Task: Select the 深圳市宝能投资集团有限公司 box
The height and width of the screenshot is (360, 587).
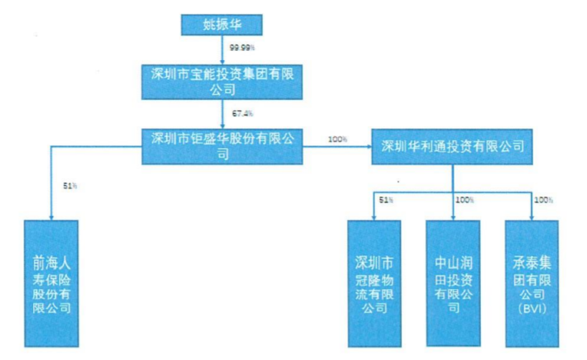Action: click(x=224, y=80)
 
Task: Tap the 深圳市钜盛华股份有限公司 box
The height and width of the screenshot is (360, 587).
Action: click(x=223, y=144)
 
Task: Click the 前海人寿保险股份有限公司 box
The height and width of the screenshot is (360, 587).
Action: click(x=50, y=284)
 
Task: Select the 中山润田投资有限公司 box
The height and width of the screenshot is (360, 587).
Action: click(x=454, y=284)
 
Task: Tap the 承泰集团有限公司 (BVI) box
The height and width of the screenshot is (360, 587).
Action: click(x=533, y=284)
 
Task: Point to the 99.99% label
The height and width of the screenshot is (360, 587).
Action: click(x=242, y=48)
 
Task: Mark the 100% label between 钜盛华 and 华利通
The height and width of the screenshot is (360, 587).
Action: click(x=337, y=138)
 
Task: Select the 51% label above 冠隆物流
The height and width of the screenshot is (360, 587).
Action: click(x=386, y=200)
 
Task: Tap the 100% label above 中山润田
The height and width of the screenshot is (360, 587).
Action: click(x=464, y=199)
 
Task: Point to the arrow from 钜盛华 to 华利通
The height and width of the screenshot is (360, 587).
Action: click(x=338, y=146)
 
